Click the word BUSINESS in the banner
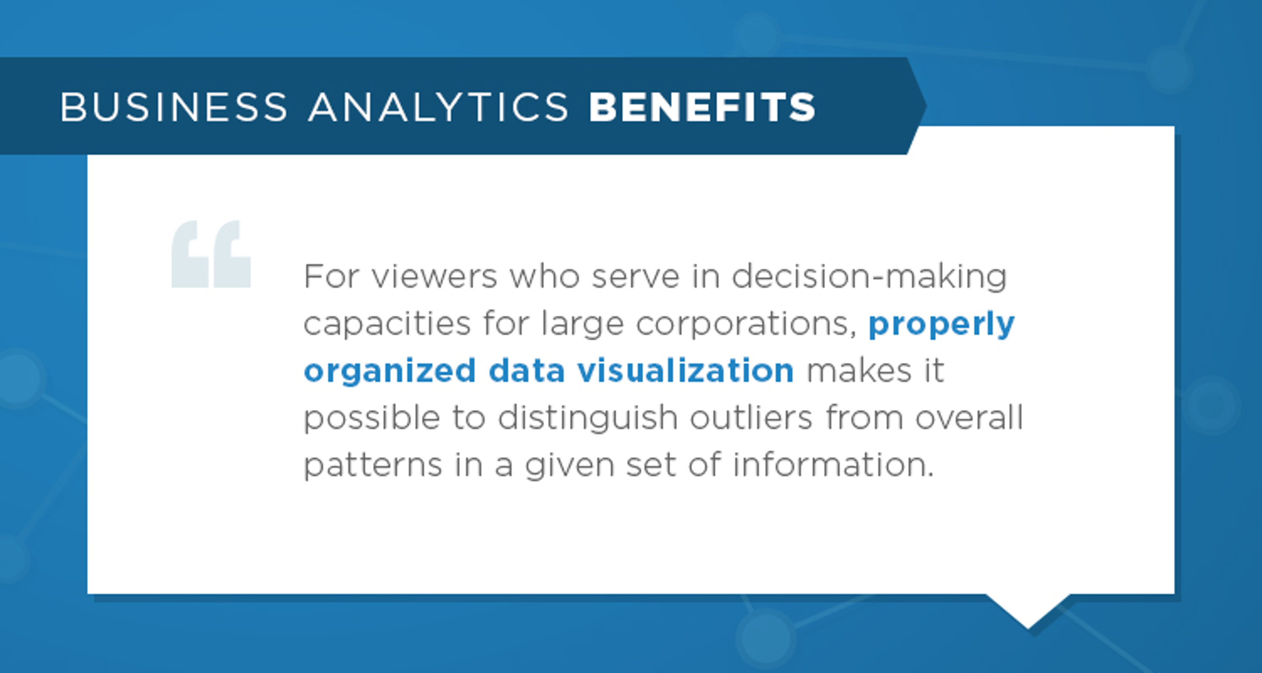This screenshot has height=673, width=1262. pyautogui.click(x=173, y=107)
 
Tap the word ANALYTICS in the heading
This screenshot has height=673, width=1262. pyautogui.click(x=438, y=107)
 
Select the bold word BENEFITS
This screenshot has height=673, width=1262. pyautogui.click(x=702, y=107)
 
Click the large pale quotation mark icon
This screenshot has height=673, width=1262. pyautogui.click(x=211, y=255)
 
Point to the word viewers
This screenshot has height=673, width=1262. pyautogui.click(x=434, y=276)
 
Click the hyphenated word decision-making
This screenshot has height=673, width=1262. pyautogui.click(x=869, y=277)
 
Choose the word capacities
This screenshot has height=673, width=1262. pyautogui.click(x=387, y=324)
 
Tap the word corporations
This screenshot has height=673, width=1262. pyautogui.click(x=746, y=324)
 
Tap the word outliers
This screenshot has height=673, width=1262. pyautogui.click(x=751, y=418)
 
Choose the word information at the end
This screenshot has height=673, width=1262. pyautogui.click(x=833, y=464)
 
